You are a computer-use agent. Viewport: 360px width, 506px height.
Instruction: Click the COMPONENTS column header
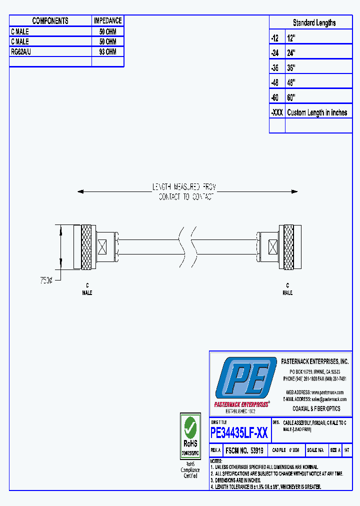[50, 20]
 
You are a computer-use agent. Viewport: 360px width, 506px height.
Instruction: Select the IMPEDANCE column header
[107, 20]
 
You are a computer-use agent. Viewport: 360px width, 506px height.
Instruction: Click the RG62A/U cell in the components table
[21, 51]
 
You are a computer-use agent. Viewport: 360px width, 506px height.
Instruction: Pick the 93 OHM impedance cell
[107, 51]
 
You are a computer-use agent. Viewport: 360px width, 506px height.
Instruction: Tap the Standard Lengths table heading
[314, 22]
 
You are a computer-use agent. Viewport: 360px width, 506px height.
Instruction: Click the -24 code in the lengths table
[274, 52]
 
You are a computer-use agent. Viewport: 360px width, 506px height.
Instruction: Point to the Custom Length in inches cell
[317, 112]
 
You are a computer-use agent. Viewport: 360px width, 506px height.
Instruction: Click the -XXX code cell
[277, 112]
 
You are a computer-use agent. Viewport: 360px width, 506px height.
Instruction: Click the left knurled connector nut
[86, 247]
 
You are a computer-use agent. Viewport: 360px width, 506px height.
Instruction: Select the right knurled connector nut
[288, 247]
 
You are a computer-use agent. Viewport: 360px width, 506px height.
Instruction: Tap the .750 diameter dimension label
[46, 280]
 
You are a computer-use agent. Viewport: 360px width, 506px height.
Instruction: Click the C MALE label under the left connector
[87, 289]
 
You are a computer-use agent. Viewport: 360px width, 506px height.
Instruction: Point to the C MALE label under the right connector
[287, 289]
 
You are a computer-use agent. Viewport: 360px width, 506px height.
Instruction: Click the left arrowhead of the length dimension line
[80, 191]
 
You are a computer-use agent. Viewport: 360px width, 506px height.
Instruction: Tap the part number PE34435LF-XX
[239, 432]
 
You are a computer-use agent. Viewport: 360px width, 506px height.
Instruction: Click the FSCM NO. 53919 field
[245, 450]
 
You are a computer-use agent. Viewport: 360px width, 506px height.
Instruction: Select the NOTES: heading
[215, 461]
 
